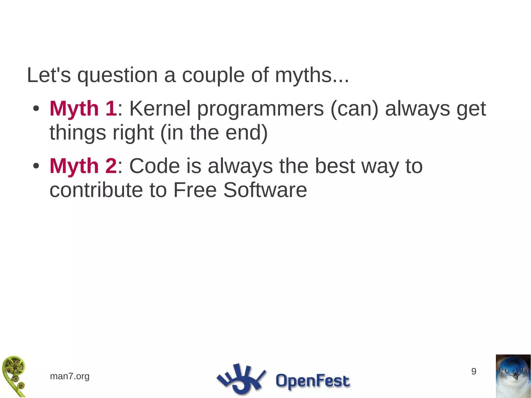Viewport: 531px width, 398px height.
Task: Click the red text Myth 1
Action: [x=83, y=109]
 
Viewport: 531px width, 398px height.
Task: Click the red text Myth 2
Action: [x=83, y=166]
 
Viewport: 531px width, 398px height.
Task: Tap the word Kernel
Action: [x=160, y=109]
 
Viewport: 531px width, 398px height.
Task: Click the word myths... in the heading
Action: [x=312, y=75]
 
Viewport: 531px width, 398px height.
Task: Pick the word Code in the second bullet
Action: [x=155, y=166]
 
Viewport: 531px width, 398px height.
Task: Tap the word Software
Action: [x=265, y=190]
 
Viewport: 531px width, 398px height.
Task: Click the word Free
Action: [x=195, y=190]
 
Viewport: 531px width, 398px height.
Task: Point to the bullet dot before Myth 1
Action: [x=36, y=109]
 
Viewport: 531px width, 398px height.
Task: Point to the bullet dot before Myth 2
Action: [x=36, y=166]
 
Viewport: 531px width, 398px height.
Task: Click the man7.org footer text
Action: [x=69, y=376]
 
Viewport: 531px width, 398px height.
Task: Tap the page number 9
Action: [x=474, y=372]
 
